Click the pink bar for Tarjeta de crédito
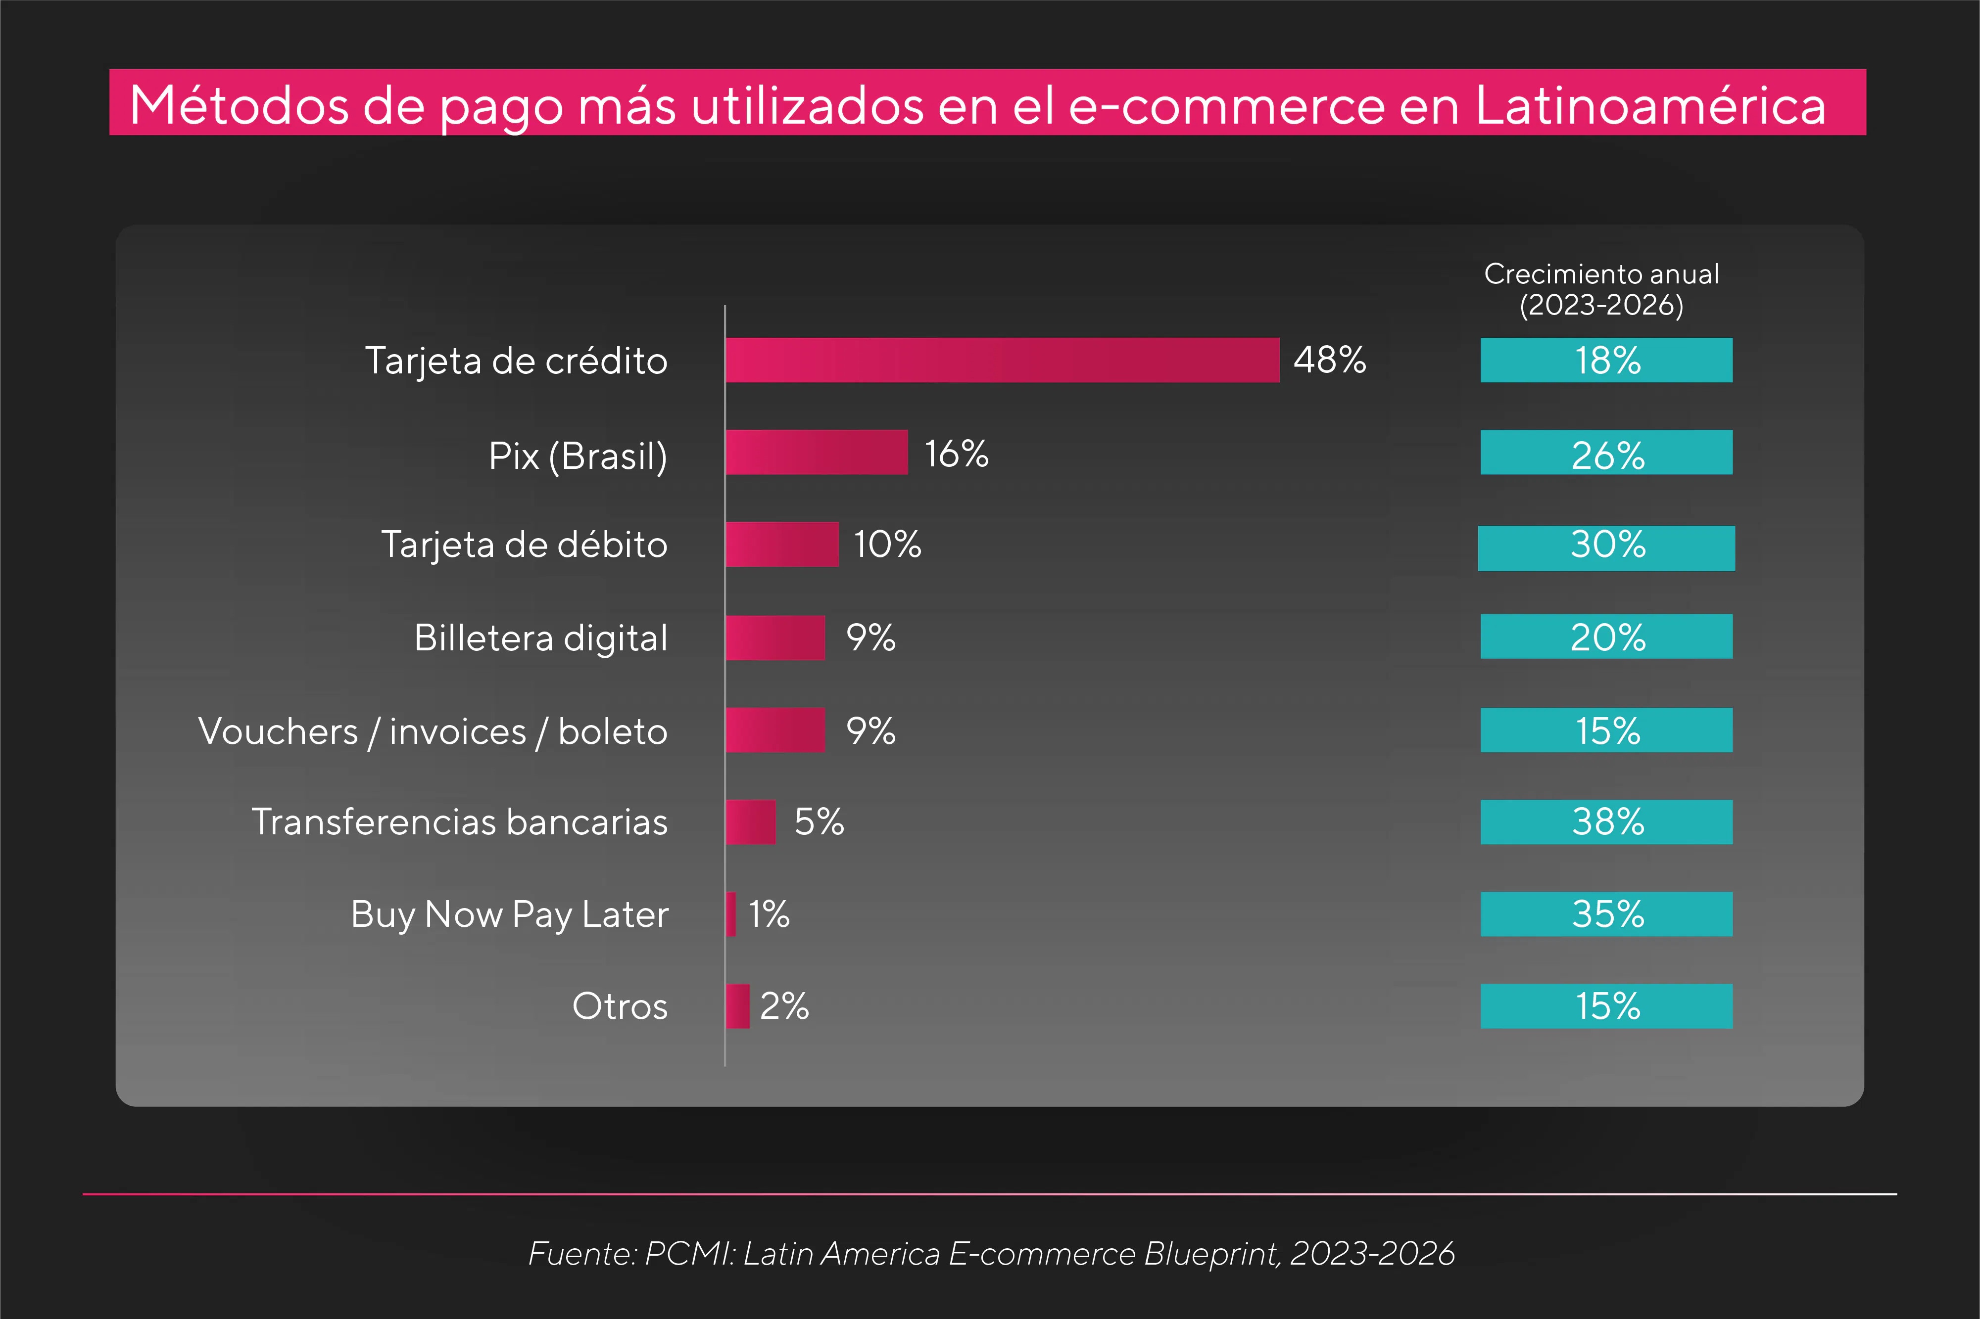point(1001,360)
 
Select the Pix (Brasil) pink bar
point(816,453)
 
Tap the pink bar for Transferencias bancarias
point(750,822)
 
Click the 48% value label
point(1330,360)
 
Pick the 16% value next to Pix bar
point(956,454)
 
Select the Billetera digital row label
point(540,637)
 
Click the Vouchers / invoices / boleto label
point(433,731)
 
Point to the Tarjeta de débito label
point(524,544)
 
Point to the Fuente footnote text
point(990,1253)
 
